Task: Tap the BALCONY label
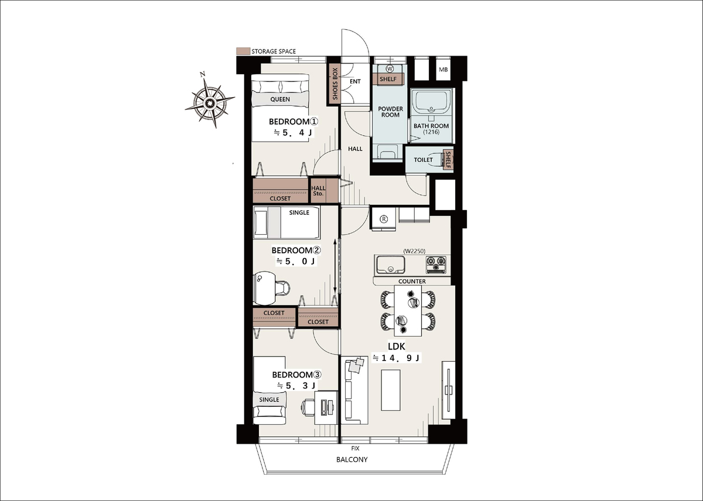352,459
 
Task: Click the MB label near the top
443,70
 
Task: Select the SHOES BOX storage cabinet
335,84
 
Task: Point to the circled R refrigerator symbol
384,219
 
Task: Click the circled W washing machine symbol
390,68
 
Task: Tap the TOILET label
423,160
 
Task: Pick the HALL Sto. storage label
318,191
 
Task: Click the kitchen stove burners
436,265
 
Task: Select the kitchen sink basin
390,265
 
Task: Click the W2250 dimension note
414,251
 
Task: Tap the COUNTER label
412,281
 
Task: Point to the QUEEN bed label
280,99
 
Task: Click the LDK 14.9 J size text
396,358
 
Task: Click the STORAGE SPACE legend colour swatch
243,51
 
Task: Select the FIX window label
355,448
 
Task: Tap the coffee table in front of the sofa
391,390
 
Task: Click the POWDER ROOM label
390,112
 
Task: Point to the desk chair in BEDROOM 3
308,407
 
